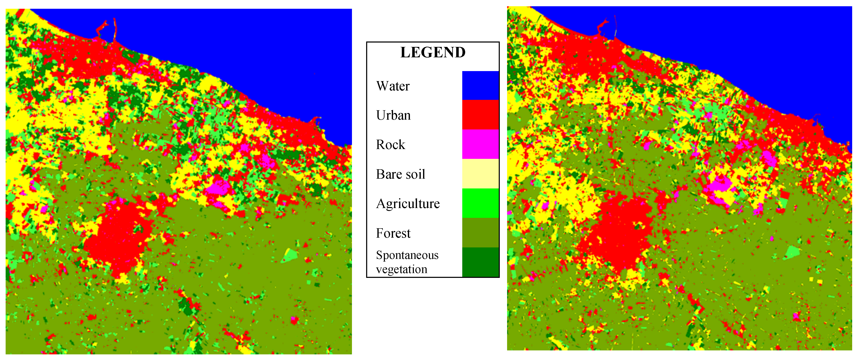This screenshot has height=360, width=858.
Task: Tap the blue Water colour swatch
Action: pos(480,86)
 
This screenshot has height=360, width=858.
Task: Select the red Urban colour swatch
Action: pos(480,115)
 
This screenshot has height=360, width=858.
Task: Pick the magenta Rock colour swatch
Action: pos(480,144)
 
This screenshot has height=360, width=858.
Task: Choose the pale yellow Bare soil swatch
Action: pos(480,173)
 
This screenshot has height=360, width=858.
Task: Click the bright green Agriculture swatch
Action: pos(480,203)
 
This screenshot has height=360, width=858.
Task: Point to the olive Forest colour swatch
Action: pos(480,232)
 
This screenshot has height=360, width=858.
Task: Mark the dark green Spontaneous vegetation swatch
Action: pos(480,262)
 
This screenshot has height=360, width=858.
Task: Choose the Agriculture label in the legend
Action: pos(408,203)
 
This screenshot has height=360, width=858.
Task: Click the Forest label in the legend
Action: pos(393,233)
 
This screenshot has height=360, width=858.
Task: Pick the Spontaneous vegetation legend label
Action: pos(407,262)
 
